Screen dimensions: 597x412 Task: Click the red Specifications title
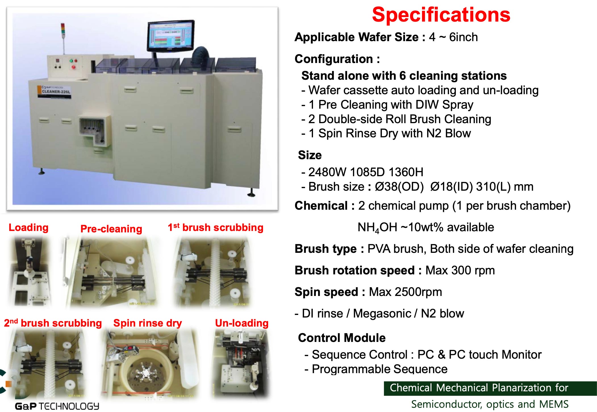pyautogui.click(x=441, y=15)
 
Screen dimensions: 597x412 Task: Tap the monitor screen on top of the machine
pyautogui.click(x=170, y=36)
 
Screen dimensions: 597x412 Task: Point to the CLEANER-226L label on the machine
pyautogui.click(x=56, y=91)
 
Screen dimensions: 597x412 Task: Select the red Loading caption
pyautogui.click(x=28, y=228)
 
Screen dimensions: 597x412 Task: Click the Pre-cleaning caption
pyautogui.click(x=111, y=229)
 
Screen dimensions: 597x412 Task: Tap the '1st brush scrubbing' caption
pyautogui.click(x=215, y=228)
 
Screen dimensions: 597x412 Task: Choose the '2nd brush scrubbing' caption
pyautogui.click(x=53, y=323)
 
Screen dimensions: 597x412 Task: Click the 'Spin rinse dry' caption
pyautogui.click(x=147, y=323)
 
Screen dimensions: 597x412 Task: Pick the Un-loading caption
pyautogui.click(x=242, y=323)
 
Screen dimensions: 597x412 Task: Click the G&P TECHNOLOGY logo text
pyautogui.click(x=57, y=406)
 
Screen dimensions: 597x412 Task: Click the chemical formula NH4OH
pyautogui.click(x=377, y=228)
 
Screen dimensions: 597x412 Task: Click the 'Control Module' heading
pyautogui.click(x=342, y=338)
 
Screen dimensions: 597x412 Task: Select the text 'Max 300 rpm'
pyautogui.click(x=460, y=270)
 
